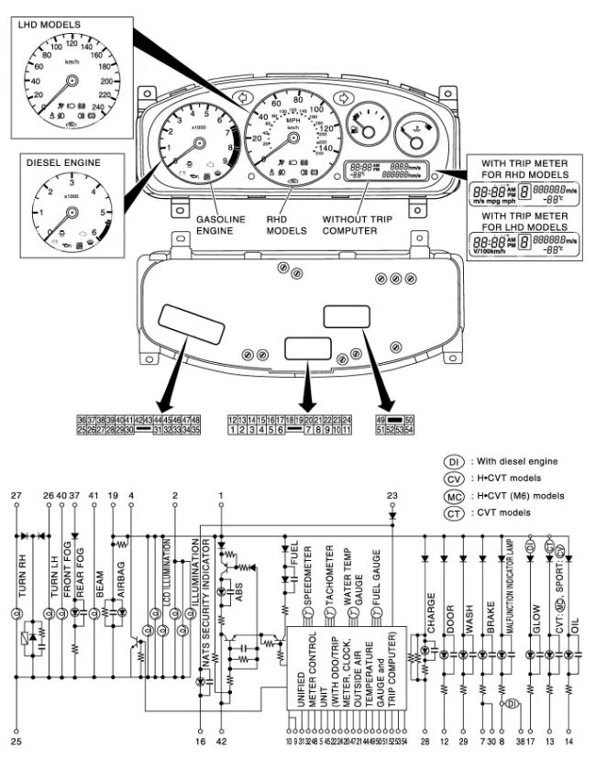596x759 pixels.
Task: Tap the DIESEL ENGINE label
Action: (62, 163)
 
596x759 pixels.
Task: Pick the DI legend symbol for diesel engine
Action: (455, 461)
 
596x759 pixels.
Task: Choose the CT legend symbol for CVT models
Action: (455, 511)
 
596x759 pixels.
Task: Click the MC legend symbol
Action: (455, 495)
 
